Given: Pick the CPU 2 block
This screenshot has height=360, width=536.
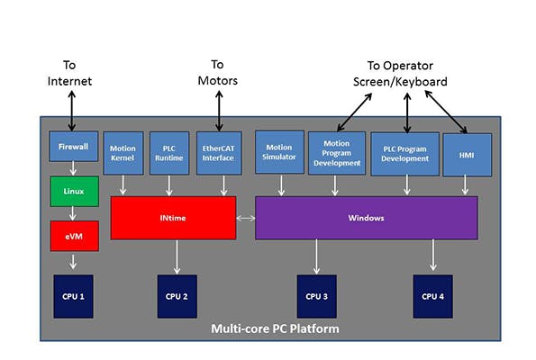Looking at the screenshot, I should click(176, 294).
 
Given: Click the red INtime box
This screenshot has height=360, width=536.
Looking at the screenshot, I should click(173, 218).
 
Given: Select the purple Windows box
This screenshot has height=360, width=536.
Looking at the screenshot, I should click(366, 218).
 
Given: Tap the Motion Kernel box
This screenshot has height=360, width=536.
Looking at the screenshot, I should click(123, 153).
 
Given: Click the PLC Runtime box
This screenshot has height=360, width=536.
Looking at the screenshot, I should click(168, 153).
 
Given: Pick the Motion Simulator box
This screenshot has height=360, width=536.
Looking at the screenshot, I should click(279, 153).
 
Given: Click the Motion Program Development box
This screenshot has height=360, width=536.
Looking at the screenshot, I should click(336, 153).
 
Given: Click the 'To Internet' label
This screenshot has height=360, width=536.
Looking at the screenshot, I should click(70, 74).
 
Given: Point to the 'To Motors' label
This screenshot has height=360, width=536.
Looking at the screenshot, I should click(217, 72).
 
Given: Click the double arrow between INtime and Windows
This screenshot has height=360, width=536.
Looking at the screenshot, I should click(245, 218).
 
